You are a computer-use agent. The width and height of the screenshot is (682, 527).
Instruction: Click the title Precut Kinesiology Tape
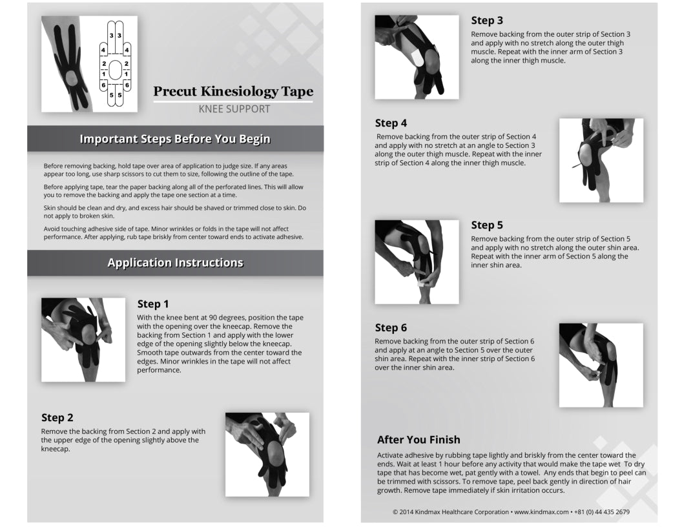[x=232, y=92]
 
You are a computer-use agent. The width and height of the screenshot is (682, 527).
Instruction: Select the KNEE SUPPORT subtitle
[x=234, y=109]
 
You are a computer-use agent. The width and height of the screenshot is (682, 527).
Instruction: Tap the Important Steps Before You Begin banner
[x=175, y=139]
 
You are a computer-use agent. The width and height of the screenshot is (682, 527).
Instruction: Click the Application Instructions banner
[x=175, y=263]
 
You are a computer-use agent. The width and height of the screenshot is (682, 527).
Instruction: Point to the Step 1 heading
[x=153, y=304]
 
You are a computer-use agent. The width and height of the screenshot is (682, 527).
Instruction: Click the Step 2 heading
[x=57, y=418]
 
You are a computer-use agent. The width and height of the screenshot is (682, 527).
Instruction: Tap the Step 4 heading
[x=391, y=123]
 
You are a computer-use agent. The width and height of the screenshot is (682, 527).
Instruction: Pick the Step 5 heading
[x=487, y=225]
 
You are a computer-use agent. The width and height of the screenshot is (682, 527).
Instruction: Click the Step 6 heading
[x=391, y=327]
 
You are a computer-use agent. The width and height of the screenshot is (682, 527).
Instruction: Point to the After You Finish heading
[x=418, y=440]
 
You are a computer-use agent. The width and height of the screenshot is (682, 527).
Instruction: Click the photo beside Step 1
[x=83, y=340]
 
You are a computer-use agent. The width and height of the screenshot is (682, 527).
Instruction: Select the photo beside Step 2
[x=267, y=455]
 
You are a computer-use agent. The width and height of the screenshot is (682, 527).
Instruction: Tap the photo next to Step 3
[x=417, y=57]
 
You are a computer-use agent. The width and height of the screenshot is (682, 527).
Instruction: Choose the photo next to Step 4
[x=601, y=160]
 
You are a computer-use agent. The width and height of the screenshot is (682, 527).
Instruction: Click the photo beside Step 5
[x=417, y=262]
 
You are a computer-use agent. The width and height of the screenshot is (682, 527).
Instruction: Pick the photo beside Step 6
[x=601, y=365]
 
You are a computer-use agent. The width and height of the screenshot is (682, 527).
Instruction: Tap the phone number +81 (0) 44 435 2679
[x=602, y=512]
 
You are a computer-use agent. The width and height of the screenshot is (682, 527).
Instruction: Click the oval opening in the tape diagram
[x=115, y=69]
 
